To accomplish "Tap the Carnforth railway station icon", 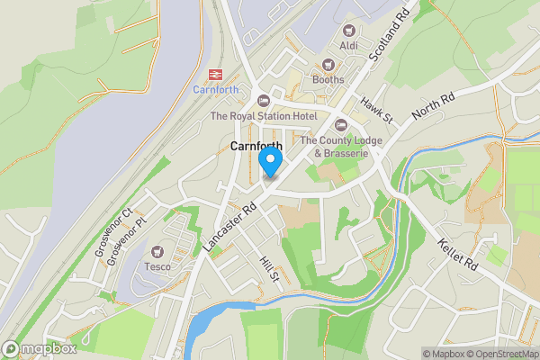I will tap(216, 74).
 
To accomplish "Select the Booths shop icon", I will tap(328, 64).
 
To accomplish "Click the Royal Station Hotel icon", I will tap(263, 100).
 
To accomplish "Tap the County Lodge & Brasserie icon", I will tap(340, 124).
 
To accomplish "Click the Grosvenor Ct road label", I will tap(113, 232).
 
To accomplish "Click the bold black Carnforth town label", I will tap(256, 146).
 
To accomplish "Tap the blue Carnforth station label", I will tap(216, 90).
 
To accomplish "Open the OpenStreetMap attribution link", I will tap(499, 354).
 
